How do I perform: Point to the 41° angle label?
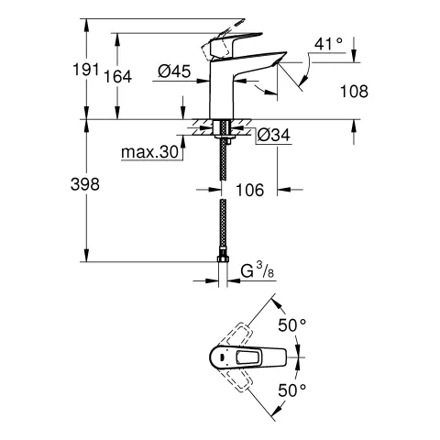328,43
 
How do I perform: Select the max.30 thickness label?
150,151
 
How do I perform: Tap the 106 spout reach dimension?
250,190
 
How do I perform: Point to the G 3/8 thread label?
258,271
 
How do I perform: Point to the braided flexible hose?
222,202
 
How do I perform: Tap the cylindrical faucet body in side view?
223,92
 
